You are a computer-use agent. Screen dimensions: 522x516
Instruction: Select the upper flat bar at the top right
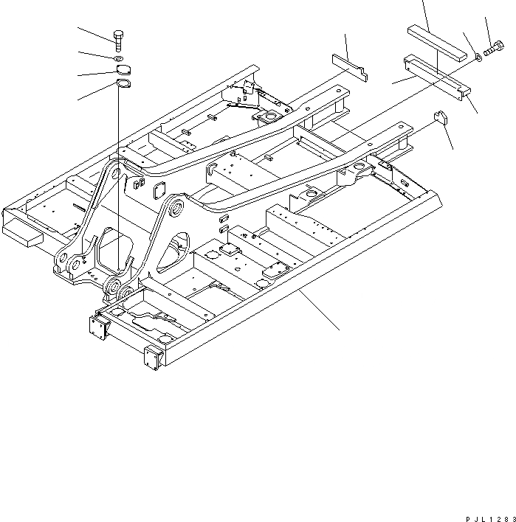pyautogui.click(x=437, y=42)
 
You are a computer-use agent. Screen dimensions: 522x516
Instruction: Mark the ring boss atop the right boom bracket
pyautogui.click(x=174, y=209)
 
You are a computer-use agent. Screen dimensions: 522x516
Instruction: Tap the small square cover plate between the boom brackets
pyautogui.click(x=157, y=192)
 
